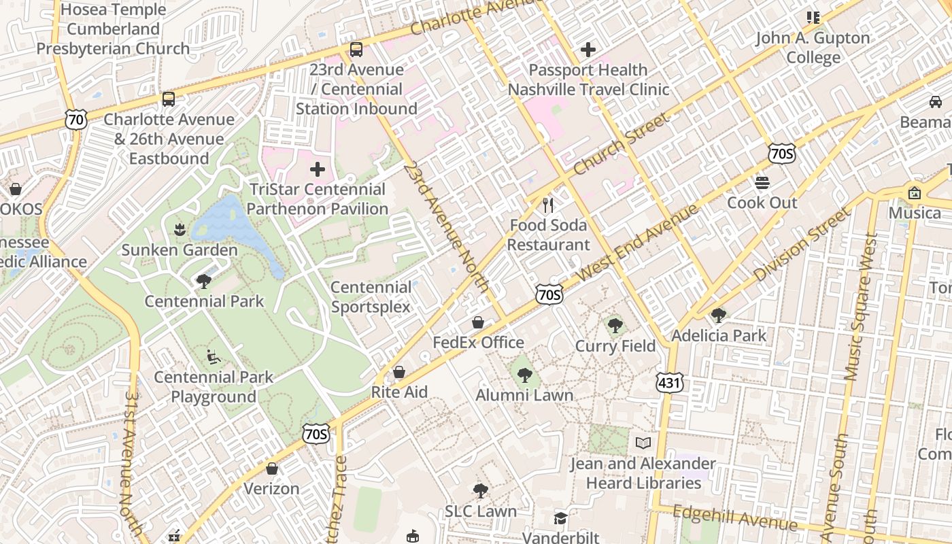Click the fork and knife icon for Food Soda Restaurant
[549, 205]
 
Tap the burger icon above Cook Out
[762, 182]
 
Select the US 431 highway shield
[669, 383]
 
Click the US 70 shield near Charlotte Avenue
[76, 120]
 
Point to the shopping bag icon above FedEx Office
[478, 322]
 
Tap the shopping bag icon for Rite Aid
[399, 372]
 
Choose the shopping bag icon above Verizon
[272, 469]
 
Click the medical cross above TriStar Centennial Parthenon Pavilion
[318, 169]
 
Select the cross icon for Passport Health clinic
[588, 50]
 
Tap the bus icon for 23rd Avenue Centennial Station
[356, 50]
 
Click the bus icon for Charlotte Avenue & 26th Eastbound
[169, 99]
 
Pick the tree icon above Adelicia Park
[718, 315]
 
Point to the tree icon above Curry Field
[615, 326]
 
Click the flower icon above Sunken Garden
[180, 229]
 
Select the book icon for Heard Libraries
[643, 443]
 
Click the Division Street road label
[802, 245]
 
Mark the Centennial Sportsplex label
[371, 297]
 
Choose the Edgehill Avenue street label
[734, 518]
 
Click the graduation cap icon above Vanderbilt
[560, 519]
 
